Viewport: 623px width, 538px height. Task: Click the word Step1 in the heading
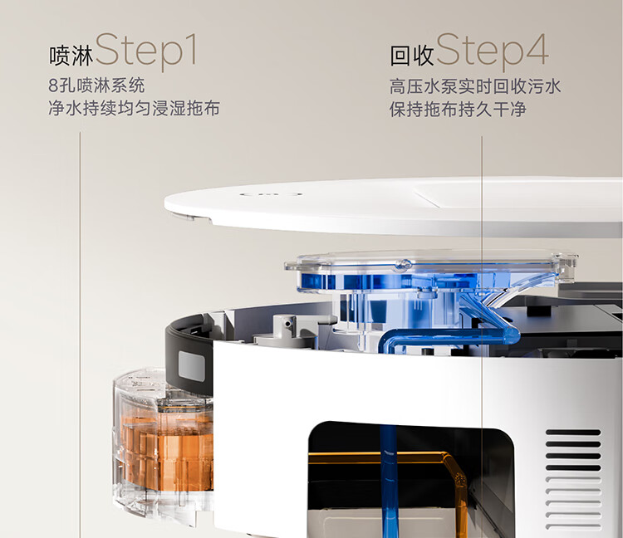pyautogui.click(x=146, y=51)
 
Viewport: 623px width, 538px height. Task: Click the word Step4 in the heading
pyautogui.click(x=493, y=51)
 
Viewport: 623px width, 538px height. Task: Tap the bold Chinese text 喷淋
pyautogui.click(x=71, y=56)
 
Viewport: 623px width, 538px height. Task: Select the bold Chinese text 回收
pyautogui.click(x=412, y=56)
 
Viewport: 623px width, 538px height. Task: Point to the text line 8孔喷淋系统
pyautogui.click(x=96, y=86)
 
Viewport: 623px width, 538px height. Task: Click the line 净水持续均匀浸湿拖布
pyautogui.click(x=135, y=108)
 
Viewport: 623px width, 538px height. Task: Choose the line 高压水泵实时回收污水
pyautogui.click(x=475, y=86)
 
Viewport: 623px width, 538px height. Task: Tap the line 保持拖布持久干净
pyautogui.click(x=458, y=110)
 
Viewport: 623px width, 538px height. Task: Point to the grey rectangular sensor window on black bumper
pyautogui.click(x=192, y=366)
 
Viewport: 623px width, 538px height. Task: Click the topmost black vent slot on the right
pyautogui.click(x=573, y=433)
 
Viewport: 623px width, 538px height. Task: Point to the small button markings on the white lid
pyautogui.click(x=271, y=194)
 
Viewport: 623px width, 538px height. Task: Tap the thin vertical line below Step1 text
pyautogui.click(x=80, y=335)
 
